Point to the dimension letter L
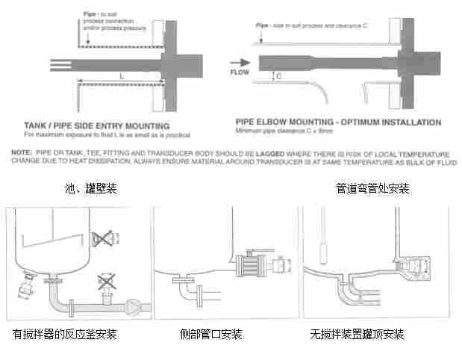point(121,76)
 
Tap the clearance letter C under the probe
point(278,75)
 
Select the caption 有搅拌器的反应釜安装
point(65,334)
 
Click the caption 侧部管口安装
point(211,334)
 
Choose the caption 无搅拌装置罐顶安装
point(357,334)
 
